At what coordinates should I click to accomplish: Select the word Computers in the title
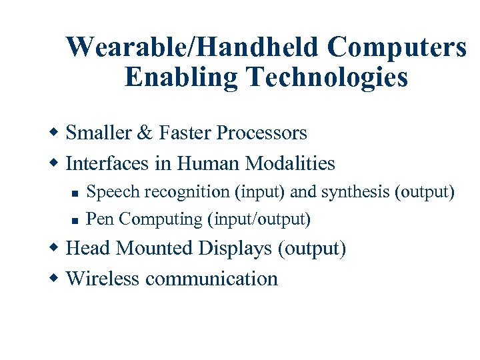click(397, 47)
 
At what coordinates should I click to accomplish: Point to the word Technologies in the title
click(327, 77)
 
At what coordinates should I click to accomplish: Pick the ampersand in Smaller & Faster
click(144, 133)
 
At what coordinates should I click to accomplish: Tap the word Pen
click(100, 219)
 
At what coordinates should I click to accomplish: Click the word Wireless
click(103, 278)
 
